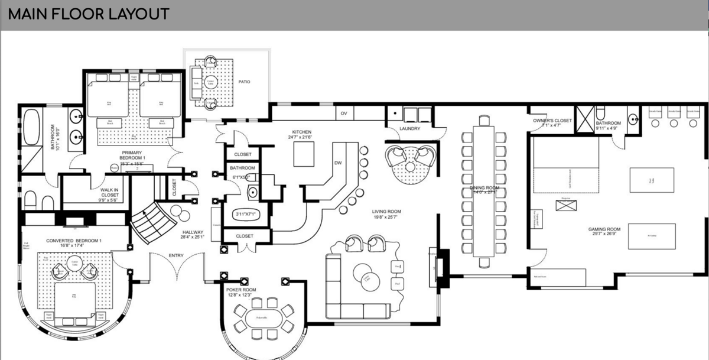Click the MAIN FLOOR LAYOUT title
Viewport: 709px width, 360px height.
(89, 14)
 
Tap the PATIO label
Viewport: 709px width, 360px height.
(244, 82)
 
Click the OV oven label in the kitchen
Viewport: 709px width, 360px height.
(344, 112)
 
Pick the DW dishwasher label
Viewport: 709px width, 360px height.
(338, 163)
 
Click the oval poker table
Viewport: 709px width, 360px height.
(263, 317)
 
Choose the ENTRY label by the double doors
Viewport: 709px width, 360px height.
(176, 255)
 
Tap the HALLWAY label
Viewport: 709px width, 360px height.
(193, 235)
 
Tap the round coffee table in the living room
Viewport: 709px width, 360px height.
(366, 274)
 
